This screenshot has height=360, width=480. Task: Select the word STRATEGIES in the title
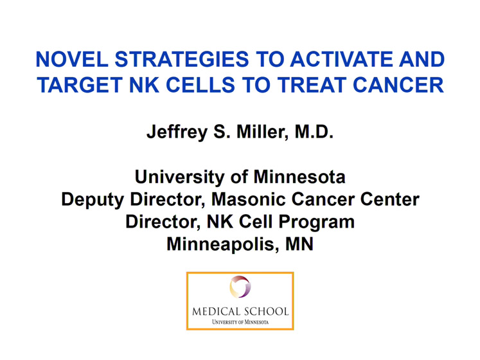tap(182, 59)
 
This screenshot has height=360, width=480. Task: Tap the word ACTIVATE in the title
tap(341, 59)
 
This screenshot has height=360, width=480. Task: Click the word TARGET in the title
tap(80, 85)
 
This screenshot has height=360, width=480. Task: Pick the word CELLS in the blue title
tap(200, 85)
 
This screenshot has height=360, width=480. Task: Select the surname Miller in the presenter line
tap(262, 132)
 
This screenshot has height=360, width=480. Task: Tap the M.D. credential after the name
tap(314, 132)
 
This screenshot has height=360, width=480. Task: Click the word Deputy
tap(93, 201)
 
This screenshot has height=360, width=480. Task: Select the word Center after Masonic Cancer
tap(389, 199)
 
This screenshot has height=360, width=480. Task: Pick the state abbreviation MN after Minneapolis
tap(299, 244)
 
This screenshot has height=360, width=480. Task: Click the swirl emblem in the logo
tap(240, 287)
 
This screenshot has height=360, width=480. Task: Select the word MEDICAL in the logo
tap(216, 312)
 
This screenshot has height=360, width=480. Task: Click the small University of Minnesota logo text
tap(240, 322)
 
